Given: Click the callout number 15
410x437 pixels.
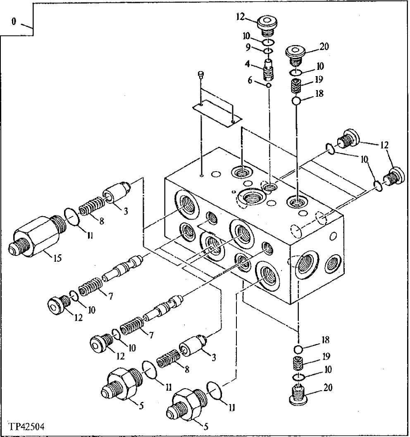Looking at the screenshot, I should pyautogui.click(x=57, y=258).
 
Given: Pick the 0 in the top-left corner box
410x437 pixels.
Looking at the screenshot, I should pyautogui.click(x=14, y=22).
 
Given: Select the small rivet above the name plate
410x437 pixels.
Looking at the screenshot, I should pyautogui.click(x=201, y=74).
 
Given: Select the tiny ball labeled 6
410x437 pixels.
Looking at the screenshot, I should pyautogui.click(x=269, y=85).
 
